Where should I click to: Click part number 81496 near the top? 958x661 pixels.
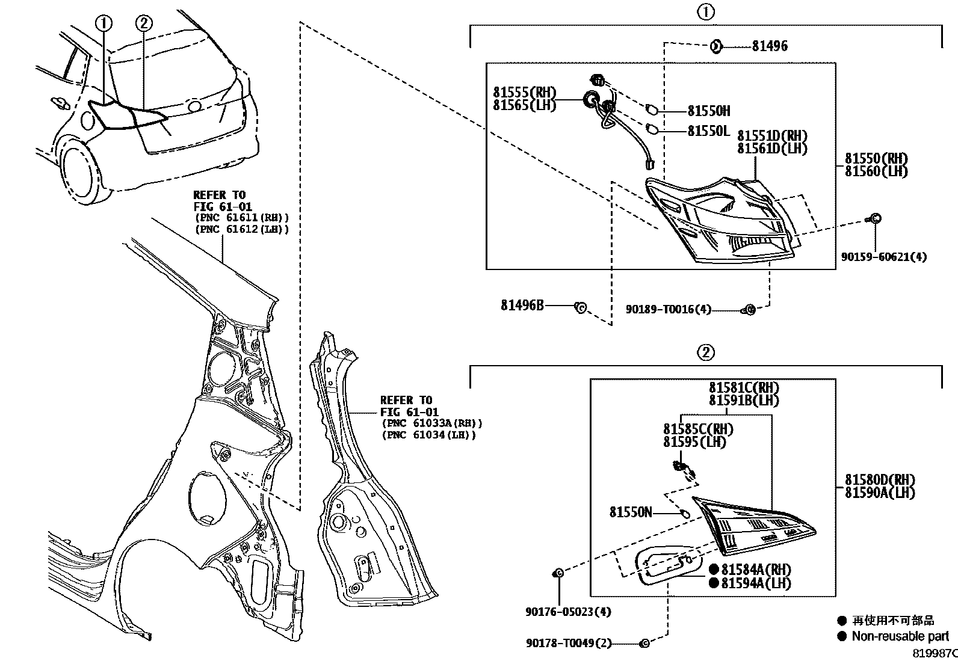pos(769,46)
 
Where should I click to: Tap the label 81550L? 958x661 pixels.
pos(708,131)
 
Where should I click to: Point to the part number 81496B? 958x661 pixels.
pos(522,305)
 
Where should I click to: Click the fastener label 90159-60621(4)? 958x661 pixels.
pos(883,257)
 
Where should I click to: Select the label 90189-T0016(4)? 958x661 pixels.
pos(668,309)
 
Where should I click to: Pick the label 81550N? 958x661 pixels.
pos(630,512)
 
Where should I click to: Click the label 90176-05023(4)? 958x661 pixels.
pos(568,612)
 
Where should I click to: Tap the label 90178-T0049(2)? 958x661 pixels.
pos(568,644)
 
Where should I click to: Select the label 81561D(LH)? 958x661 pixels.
pos(772,148)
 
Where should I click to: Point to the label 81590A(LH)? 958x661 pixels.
pos(879,492)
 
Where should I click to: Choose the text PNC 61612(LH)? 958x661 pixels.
pos(241,229)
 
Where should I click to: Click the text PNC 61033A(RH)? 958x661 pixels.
pos(431,423)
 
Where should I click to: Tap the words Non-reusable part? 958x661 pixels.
pos(900,636)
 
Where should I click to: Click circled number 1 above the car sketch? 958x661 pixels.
pos(104,23)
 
